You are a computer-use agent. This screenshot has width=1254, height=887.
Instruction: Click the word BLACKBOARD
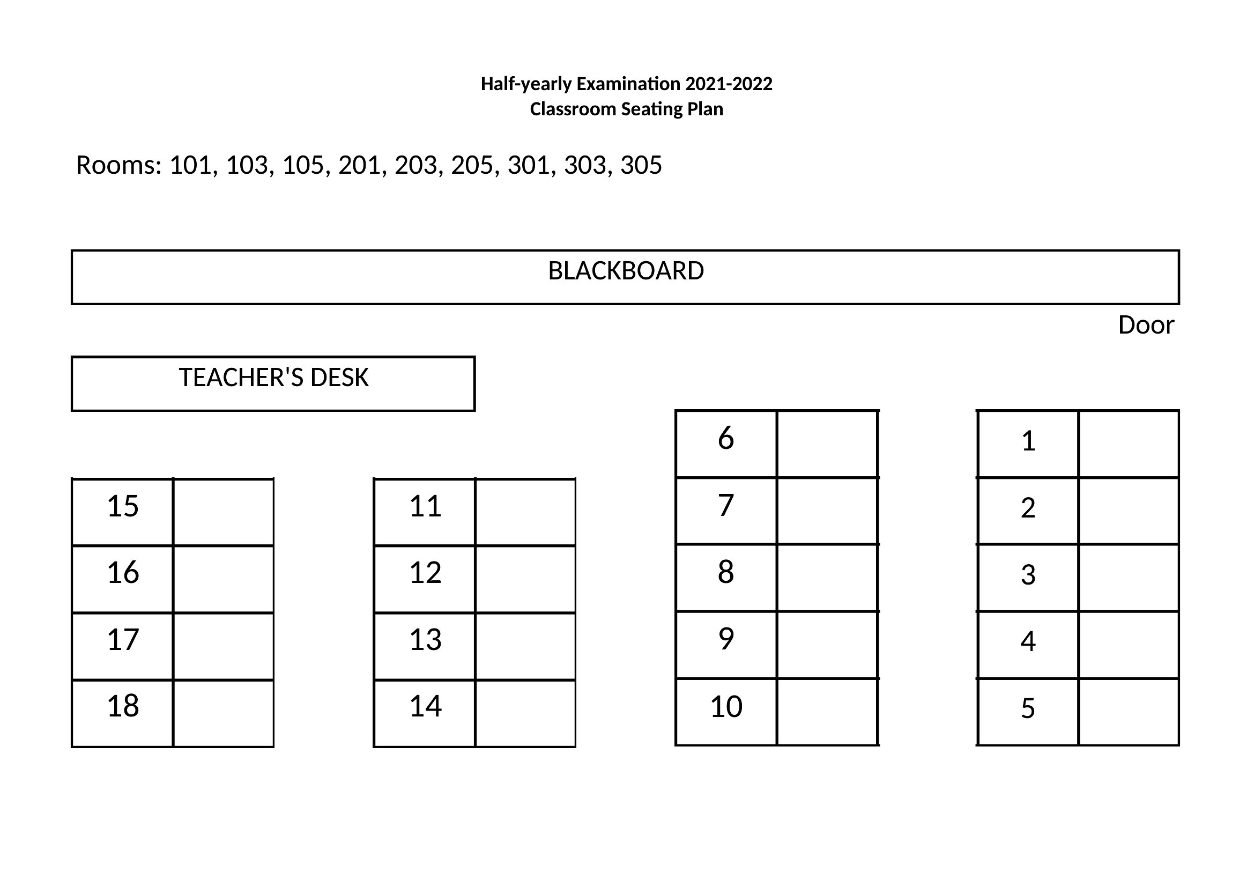626,271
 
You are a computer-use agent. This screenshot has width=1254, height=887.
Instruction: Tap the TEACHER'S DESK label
273,378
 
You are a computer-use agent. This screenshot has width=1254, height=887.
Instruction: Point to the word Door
1146,325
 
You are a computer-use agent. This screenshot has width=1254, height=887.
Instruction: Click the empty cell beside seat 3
1129,578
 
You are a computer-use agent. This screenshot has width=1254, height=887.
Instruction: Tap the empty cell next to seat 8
827,578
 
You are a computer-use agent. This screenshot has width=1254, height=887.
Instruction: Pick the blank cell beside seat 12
525,579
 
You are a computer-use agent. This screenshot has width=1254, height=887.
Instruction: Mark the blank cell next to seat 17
224,647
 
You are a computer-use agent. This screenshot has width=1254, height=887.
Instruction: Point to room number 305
641,165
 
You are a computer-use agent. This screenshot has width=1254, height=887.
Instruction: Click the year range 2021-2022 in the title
729,84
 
